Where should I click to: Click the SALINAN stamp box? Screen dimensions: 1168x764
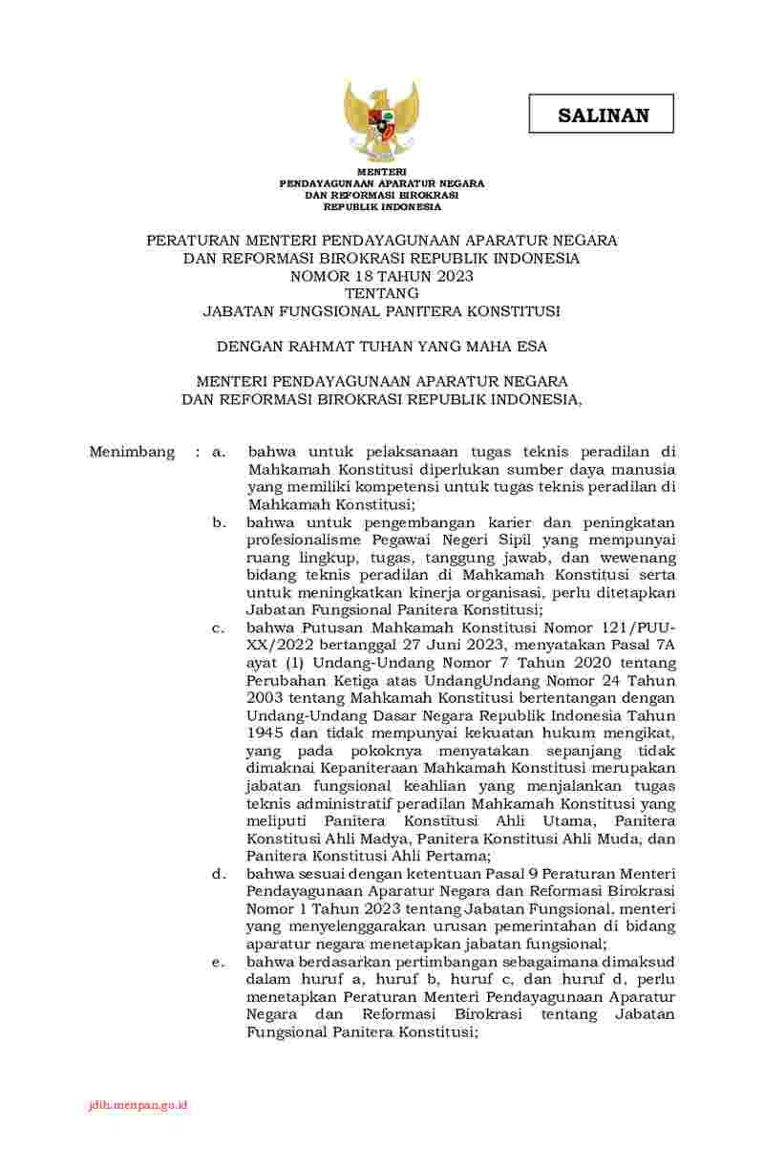pyautogui.click(x=603, y=115)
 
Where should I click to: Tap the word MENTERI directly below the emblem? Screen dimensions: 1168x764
pyautogui.click(x=382, y=172)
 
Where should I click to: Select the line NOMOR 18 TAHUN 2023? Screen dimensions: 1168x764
pyautogui.click(x=381, y=275)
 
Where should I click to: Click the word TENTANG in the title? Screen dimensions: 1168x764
pyautogui.click(x=381, y=292)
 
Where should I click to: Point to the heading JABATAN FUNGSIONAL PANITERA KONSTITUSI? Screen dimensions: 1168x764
pyautogui.click(x=381, y=310)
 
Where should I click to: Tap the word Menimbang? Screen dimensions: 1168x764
pyautogui.click(x=132, y=451)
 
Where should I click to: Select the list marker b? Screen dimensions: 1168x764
pyautogui.click(x=219, y=522)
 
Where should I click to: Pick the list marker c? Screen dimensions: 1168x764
pyautogui.click(x=219, y=627)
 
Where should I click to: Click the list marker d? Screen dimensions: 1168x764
pyautogui.click(x=219, y=873)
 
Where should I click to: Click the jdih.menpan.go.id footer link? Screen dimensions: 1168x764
pyautogui.click(x=137, y=1104)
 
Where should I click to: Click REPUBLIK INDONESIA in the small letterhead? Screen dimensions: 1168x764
pyautogui.click(x=382, y=205)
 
